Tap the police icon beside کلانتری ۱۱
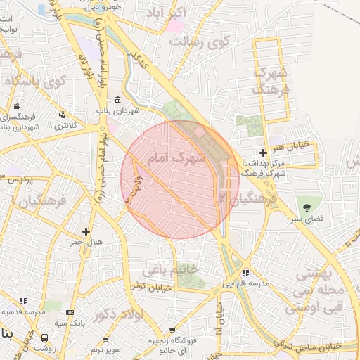(x=62, y=115)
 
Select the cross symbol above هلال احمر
(x=86, y=231)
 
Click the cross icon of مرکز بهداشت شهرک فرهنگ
(x=263, y=153)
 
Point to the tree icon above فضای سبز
(x=307, y=207)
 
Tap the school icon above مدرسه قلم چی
(x=245, y=273)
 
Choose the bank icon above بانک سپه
(x=69, y=312)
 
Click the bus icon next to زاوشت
(x=45, y=337)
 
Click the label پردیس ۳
(x=17, y=179)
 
